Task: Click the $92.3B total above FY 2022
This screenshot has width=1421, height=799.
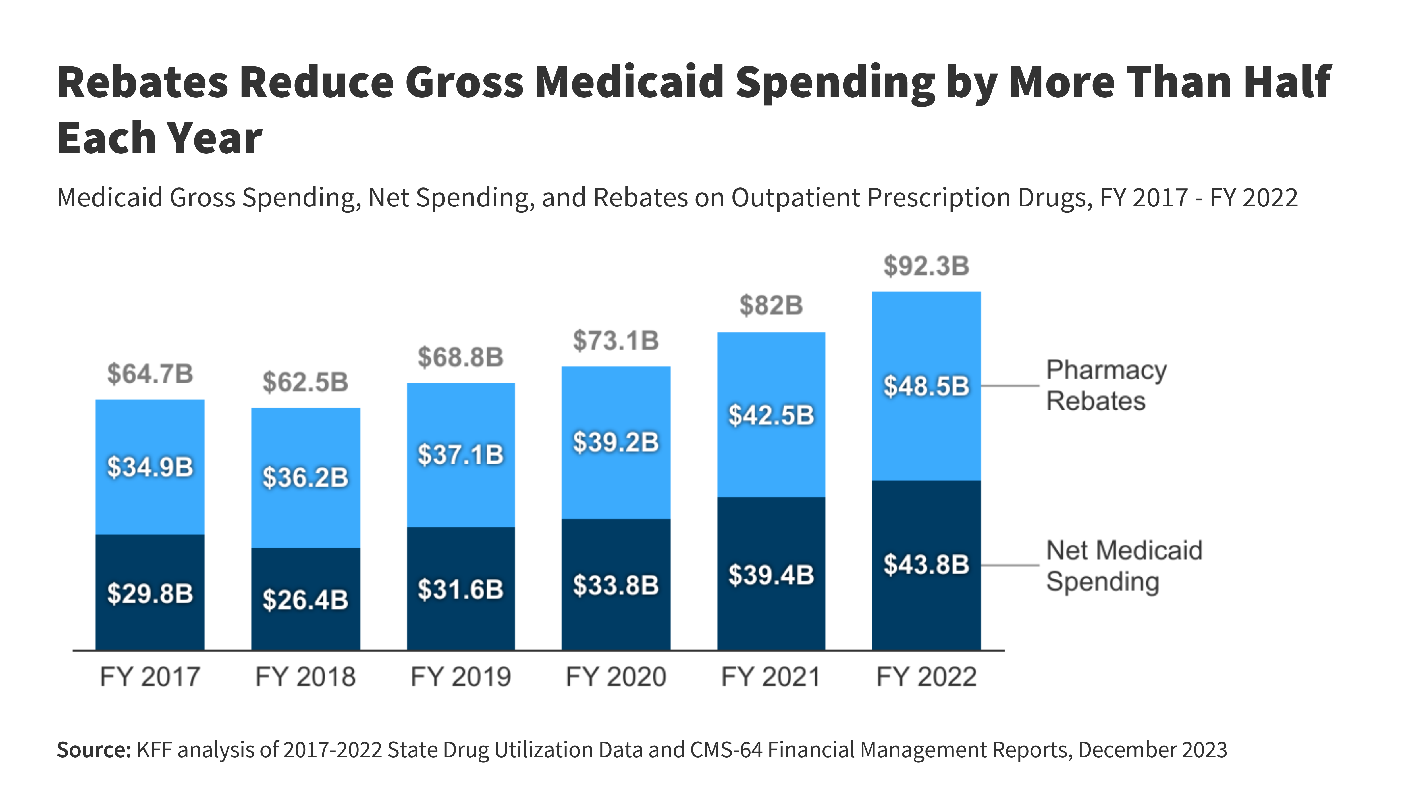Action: point(926,266)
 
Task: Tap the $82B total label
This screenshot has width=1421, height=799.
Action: point(771,306)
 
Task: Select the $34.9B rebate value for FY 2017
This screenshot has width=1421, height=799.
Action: point(150,467)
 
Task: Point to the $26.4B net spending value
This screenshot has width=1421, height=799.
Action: point(306,600)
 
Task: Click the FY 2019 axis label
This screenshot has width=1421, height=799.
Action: point(461,677)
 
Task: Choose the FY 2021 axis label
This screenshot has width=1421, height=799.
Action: point(771,677)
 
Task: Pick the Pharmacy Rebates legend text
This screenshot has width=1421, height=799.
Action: point(1106,385)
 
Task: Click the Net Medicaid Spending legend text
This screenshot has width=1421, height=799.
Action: point(1124,566)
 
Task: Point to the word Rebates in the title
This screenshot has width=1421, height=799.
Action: point(142,82)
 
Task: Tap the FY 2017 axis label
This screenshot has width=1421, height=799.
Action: point(150,677)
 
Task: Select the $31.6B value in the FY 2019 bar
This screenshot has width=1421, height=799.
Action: point(461,589)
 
